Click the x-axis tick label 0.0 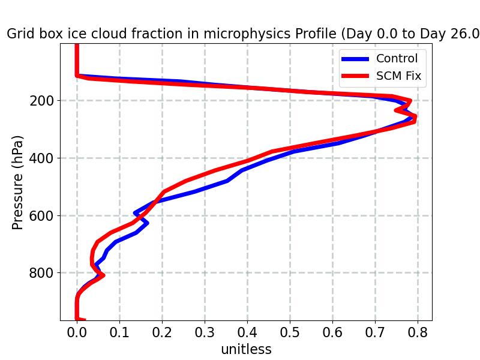tap(77, 333)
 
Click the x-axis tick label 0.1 tap(119, 333)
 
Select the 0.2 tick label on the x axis tap(162, 333)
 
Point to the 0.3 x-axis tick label tap(205, 333)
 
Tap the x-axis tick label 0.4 tap(247, 333)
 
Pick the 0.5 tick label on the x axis tap(290, 333)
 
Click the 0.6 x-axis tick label tap(332, 333)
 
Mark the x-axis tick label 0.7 tap(375, 333)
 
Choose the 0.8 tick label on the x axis tap(418, 333)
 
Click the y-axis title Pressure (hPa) tap(18, 182)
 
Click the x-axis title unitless tap(246, 349)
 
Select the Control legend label tap(397, 58)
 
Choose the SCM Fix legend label tap(398, 76)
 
